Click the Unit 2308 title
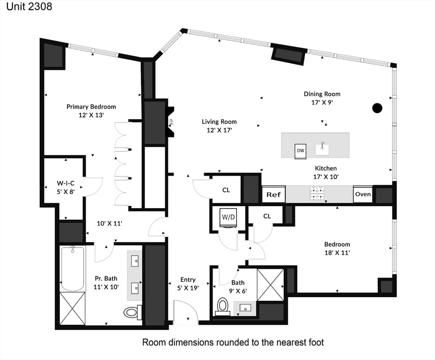coord(27,7)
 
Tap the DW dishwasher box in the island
coord(301,151)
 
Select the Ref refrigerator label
coord(273,194)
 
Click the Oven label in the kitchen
coord(363,194)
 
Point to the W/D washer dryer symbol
coord(229,217)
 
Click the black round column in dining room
coord(377,108)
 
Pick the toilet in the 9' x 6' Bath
coord(222,307)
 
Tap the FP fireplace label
coord(171,122)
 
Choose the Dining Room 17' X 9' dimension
coord(322,102)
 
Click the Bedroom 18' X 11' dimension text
coord(337,252)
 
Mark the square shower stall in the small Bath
coord(271,285)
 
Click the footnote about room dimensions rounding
coord(233,342)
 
